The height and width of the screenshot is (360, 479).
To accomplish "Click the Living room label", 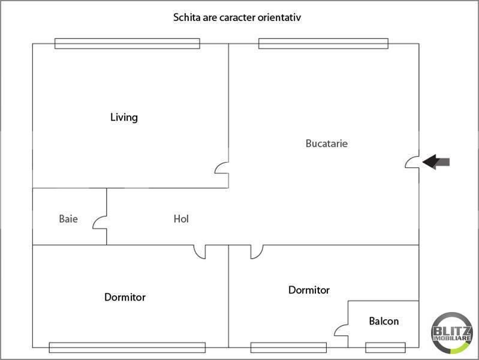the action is pyautogui.click(x=123, y=118).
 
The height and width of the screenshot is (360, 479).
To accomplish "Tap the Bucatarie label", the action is pyautogui.click(x=327, y=143).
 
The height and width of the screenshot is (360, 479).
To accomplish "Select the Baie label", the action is pyautogui.click(x=68, y=218).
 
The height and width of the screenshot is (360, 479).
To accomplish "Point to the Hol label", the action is pyautogui.click(x=181, y=218).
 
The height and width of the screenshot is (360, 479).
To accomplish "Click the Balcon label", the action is pyautogui.click(x=384, y=321).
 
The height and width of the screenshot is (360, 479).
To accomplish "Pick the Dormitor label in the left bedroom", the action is pyautogui.click(x=125, y=297).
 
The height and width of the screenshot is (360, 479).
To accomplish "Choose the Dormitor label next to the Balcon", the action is pyautogui.click(x=309, y=290).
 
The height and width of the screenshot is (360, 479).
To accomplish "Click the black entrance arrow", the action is pyautogui.click(x=436, y=162).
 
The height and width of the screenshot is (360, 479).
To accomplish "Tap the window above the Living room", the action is pyautogui.click(x=127, y=43).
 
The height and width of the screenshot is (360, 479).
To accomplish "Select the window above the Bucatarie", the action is pyautogui.click(x=323, y=43).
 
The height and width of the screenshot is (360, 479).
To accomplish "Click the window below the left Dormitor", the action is pyautogui.click(x=127, y=347).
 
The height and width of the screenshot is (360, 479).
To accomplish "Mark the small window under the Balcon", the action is pyautogui.click(x=385, y=347).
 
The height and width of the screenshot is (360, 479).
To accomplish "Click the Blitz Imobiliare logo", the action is pyautogui.click(x=451, y=333).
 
